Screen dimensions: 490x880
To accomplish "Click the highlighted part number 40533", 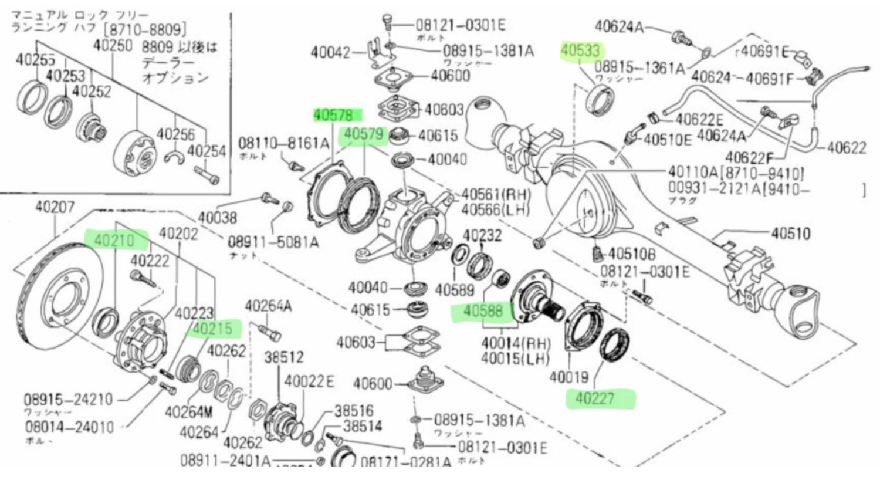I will click(x=580, y=51).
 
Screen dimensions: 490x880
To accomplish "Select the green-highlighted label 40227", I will click(x=595, y=398).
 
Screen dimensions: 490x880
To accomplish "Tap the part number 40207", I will click(x=55, y=207).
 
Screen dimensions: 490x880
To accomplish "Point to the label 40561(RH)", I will click(x=496, y=194).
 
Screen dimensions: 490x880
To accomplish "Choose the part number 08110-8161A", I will click(x=283, y=143).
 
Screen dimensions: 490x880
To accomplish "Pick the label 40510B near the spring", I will click(x=632, y=254).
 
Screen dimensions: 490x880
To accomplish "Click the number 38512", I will click(x=283, y=357).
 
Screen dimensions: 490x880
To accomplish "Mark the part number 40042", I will click(x=330, y=52).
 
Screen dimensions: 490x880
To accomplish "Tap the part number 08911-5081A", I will click(x=273, y=242).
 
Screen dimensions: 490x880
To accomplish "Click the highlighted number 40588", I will click(x=483, y=312).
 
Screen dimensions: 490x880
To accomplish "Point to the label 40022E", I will click(x=309, y=382).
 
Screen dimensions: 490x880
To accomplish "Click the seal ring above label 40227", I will click(x=615, y=345).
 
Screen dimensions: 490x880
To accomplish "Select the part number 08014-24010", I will click(x=70, y=427).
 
